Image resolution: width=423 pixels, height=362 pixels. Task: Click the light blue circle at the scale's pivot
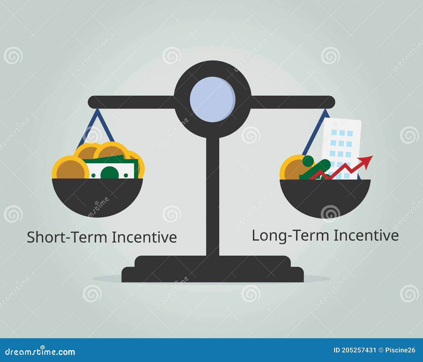213,99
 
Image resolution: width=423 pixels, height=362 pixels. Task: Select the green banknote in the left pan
111,169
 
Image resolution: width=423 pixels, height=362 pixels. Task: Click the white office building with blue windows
341,143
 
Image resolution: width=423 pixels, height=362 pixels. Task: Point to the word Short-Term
68,237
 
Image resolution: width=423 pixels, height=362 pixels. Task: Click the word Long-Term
291,235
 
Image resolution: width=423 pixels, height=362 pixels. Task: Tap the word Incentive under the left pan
144,237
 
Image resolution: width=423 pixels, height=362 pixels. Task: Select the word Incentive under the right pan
366,235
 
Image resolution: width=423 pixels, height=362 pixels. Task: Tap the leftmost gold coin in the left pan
70,168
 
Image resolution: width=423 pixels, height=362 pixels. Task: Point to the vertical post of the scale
213,196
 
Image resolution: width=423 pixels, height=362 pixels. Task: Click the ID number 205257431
359,350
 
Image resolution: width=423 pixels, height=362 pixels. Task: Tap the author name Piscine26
400,350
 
